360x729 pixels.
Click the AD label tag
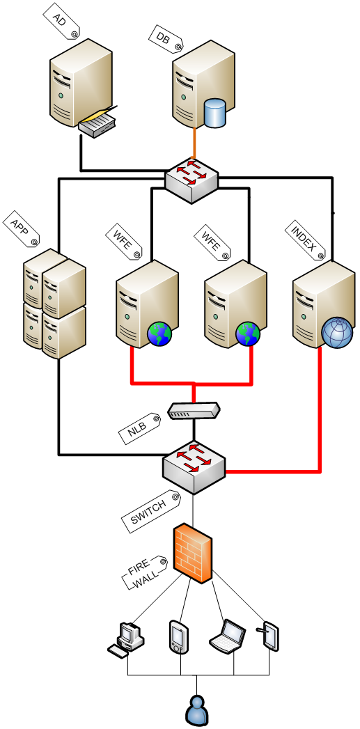(x=61, y=22)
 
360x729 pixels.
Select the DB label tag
(x=166, y=37)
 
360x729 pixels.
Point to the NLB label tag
(x=139, y=428)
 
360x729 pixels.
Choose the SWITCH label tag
(x=150, y=512)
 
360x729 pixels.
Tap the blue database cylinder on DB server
(x=215, y=113)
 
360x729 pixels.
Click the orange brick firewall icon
(x=193, y=554)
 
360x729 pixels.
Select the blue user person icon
(x=197, y=710)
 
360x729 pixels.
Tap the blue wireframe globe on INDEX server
(x=337, y=332)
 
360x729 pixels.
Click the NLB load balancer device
(x=194, y=411)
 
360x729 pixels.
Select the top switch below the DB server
(x=191, y=180)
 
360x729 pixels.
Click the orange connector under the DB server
(x=194, y=143)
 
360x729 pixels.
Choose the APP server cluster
(x=55, y=304)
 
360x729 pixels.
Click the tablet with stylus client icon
(x=268, y=635)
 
